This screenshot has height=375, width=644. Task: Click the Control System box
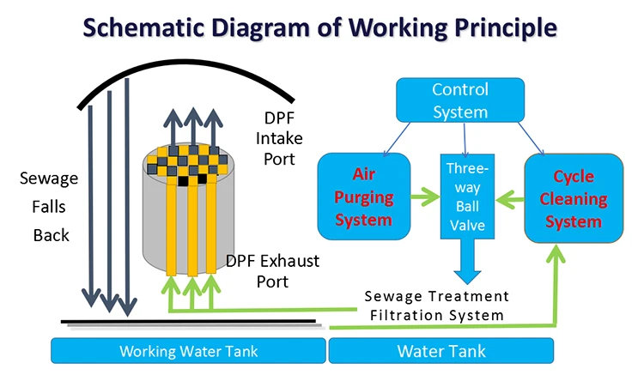[460, 101]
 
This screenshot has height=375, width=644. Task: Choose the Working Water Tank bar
[188, 351]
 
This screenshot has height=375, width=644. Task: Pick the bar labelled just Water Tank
[442, 351]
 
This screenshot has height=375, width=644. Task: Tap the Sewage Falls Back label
[49, 207]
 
